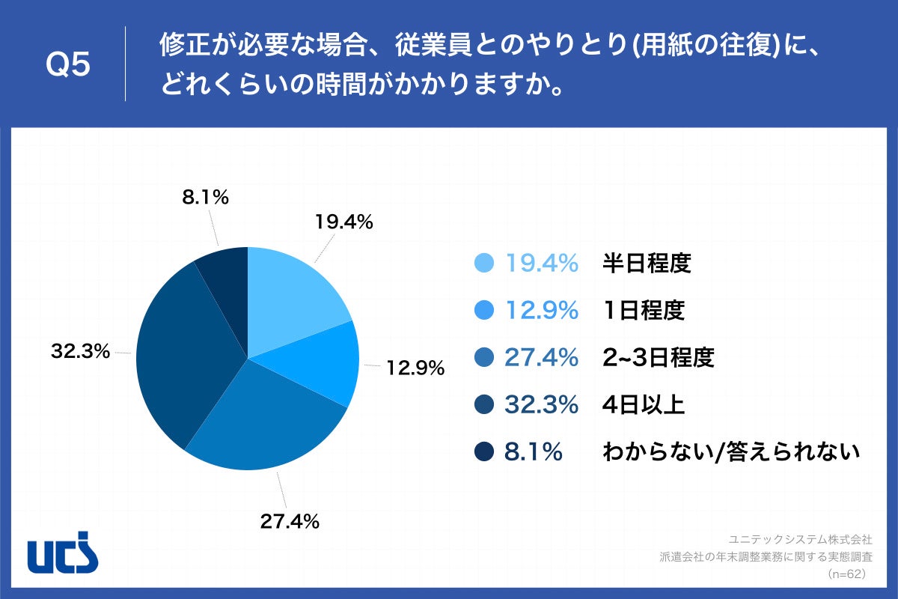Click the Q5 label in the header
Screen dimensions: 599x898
tap(68, 65)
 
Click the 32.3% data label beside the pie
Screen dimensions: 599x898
tap(81, 350)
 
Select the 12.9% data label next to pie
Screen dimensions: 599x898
tap(415, 368)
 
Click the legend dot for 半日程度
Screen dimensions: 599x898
tap(484, 263)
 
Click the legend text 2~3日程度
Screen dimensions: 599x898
tap(659, 358)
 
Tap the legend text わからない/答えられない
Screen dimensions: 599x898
tap(730, 452)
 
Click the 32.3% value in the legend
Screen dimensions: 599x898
tap(540, 405)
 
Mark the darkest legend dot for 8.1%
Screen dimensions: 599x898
tap(484, 452)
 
